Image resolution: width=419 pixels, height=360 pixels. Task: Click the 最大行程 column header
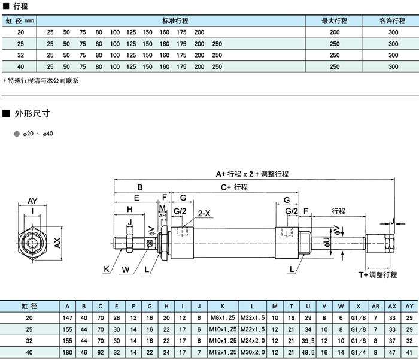(334, 20)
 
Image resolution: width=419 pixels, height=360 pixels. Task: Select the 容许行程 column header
(393, 20)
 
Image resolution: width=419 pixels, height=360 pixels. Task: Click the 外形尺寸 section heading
(32, 113)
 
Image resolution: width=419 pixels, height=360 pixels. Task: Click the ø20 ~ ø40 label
(38, 133)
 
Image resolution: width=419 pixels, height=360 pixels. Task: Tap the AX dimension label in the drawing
(57, 243)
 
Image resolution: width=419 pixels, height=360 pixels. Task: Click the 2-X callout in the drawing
(204, 213)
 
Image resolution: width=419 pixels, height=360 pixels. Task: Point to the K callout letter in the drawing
(105, 269)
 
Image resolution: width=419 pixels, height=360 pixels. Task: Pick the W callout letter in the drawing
(125, 269)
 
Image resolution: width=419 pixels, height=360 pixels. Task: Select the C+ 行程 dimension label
(234, 187)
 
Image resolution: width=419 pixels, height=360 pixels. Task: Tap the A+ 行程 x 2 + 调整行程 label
(252, 174)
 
